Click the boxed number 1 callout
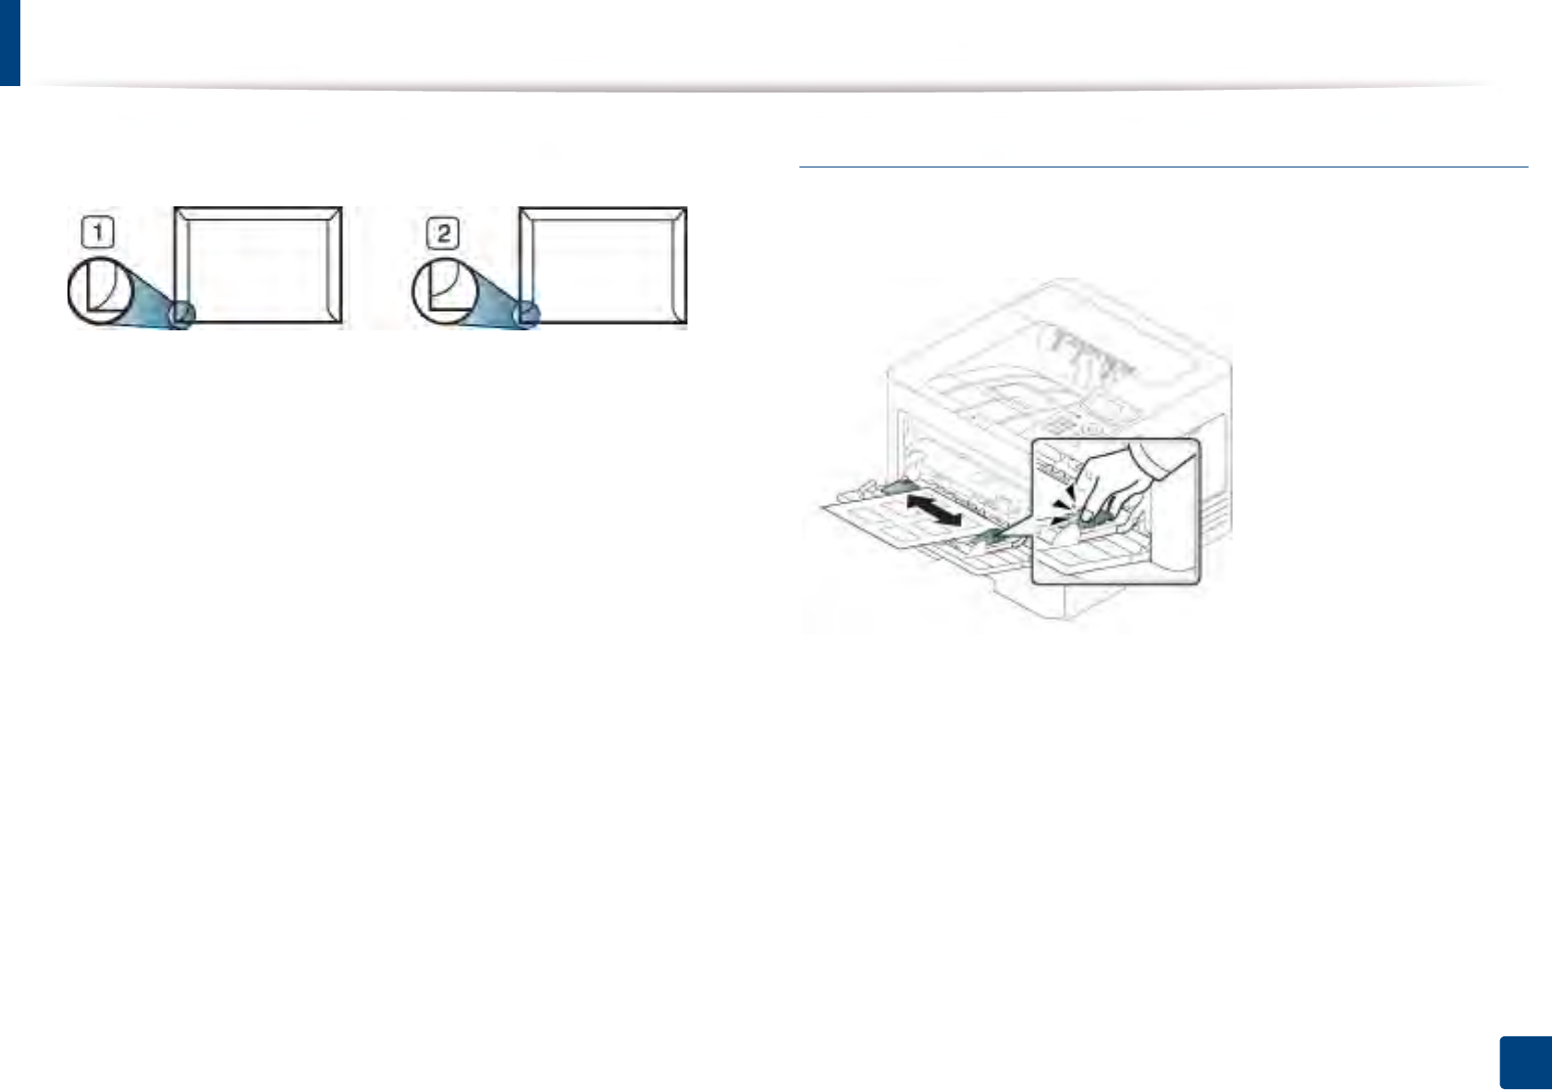point(98,231)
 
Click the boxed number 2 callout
point(443,232)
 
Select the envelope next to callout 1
point(259,265)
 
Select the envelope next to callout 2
point(603,265)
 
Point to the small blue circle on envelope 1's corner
point(182,314)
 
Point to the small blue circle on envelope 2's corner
point(527,314)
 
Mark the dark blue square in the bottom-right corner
point(1524,1062)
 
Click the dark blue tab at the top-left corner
point(9,42)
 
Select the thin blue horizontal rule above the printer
point(1163,167)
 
